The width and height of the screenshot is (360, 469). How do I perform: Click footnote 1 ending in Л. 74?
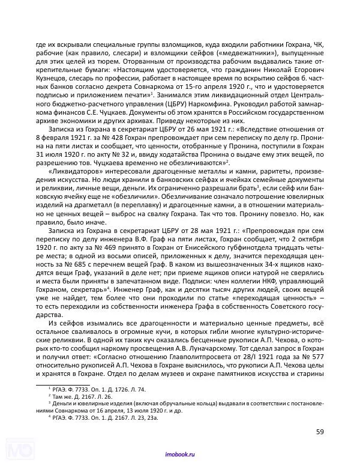pos(96,390)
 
